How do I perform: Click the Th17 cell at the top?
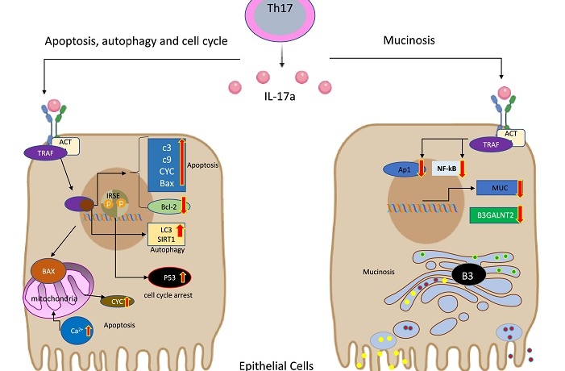click(280, 16)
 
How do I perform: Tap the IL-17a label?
click(280, 96)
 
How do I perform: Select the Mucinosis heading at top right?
click(409, 40)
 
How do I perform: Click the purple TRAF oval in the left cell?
click(45, 153)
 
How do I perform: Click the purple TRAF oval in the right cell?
click(491, 144)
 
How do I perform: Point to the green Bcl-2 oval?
click(168, 207)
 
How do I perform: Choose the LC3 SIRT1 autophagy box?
click(167, 235)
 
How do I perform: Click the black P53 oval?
click(170, 277)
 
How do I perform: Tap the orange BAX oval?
click(48, 271)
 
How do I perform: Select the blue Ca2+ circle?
click(77, 330)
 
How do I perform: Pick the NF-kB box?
click(447, 169)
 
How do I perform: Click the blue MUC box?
click(500, 188)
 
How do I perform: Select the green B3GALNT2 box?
click(496, 215)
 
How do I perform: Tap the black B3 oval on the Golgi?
click(467, 276)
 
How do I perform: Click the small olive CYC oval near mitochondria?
click(117, 302)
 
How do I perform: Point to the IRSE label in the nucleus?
click(113, 196)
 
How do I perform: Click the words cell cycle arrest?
click(168, 295)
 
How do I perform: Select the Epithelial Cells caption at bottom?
click(276, 365)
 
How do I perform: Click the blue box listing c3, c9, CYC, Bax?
click(167, 165)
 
